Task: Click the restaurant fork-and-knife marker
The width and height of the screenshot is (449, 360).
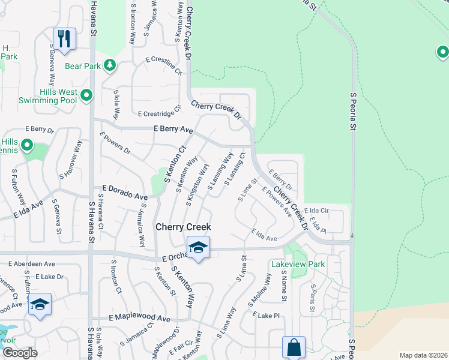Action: [64, 38]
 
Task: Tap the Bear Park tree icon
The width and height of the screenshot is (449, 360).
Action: [109, 65]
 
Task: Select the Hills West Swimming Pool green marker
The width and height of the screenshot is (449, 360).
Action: [86, 95]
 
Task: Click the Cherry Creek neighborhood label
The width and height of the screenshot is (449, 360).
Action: [183, 227]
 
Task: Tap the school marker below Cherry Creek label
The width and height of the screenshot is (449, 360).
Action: [197, 247]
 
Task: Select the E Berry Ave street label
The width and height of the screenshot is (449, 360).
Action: [173, 129]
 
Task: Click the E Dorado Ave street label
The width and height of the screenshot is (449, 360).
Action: [125, 196]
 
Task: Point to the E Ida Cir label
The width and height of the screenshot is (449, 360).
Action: [316, 211]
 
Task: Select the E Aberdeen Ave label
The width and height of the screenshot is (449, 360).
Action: [31, 263]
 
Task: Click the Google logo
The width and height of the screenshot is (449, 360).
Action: [20, 353]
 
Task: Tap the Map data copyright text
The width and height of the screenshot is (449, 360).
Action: [423, 355]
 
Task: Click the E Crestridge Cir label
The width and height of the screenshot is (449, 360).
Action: [159, 112]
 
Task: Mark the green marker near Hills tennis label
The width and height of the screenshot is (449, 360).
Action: [27, 145]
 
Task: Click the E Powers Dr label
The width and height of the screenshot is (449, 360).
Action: [115, 143]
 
